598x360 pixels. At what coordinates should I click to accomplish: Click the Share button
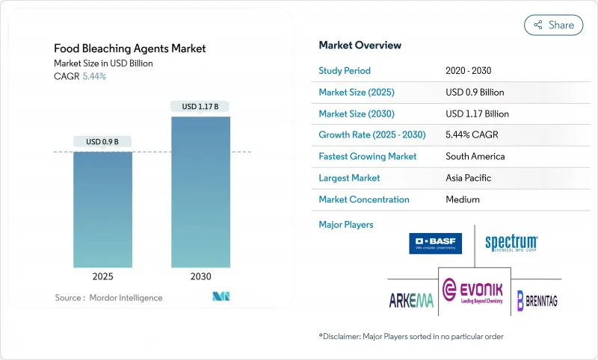553,25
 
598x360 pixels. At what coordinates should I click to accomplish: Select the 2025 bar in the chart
102,209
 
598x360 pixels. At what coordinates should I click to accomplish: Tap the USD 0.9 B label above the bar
102,142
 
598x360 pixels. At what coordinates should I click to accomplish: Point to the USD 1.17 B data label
200,107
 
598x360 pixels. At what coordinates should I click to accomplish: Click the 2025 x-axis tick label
102,276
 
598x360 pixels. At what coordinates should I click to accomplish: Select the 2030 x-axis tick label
200,276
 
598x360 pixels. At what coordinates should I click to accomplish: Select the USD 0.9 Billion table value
475,93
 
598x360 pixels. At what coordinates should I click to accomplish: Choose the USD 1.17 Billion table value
477,114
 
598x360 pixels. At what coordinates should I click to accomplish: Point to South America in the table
475,157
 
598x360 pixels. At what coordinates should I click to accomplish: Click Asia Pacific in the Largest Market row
469,178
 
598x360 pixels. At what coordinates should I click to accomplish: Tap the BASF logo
436,243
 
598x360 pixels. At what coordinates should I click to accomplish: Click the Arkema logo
411,300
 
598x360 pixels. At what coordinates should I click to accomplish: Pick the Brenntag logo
537,300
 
